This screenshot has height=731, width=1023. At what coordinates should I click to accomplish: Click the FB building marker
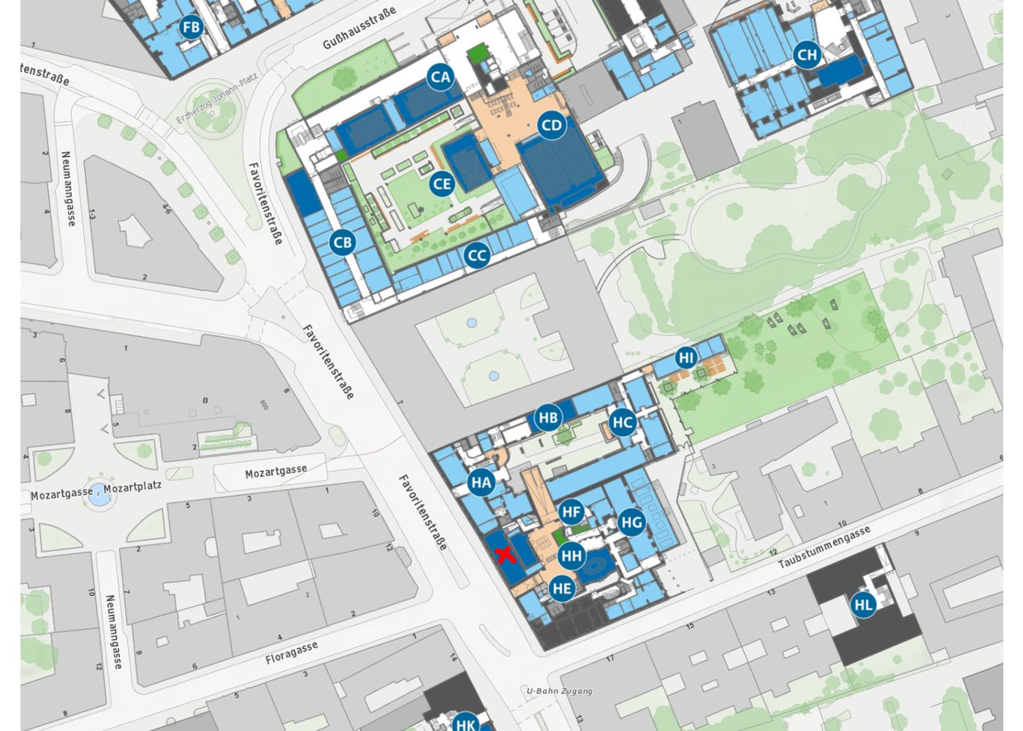click(x=191, y=29)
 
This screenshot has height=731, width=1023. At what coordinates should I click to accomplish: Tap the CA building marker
click(x=441, y=77)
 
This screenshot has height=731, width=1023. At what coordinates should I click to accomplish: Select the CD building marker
click(x=552, y=126)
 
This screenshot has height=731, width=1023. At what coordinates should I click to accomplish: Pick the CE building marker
click(x=442, y=183)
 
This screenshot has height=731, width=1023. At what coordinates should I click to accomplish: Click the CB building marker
click(x=342, y=243)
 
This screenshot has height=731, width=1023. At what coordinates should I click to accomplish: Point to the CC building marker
click(x=476, y=256)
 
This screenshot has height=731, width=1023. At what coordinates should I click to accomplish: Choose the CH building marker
click(x=807, y=55)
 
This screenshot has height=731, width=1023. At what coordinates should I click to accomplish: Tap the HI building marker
click(x=685, y=357)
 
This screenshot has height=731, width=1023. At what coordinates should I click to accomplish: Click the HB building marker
click(x=548, y=418)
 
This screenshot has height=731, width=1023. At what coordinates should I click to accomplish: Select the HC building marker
click(x=622, y=422)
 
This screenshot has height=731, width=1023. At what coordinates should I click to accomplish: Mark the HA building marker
click(x=481, y=482)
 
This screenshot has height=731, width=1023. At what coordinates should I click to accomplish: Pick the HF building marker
click(x=571, y=512)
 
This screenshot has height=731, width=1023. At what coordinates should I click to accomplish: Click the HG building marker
click(x=631, y=522)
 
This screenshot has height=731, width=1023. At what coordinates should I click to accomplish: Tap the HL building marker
click(x=863, y=605)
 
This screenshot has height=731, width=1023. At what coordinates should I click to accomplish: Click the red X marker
click(x=505, y=555)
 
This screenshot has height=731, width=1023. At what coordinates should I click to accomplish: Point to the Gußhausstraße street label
click(x=360, y=29)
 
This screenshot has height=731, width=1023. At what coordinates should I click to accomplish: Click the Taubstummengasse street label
click(x=825, y=548)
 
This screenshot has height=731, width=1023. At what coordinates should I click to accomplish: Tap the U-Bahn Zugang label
click(x=560, y=691)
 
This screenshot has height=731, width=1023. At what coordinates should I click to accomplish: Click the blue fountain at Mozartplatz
click(x=100, y=499)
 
